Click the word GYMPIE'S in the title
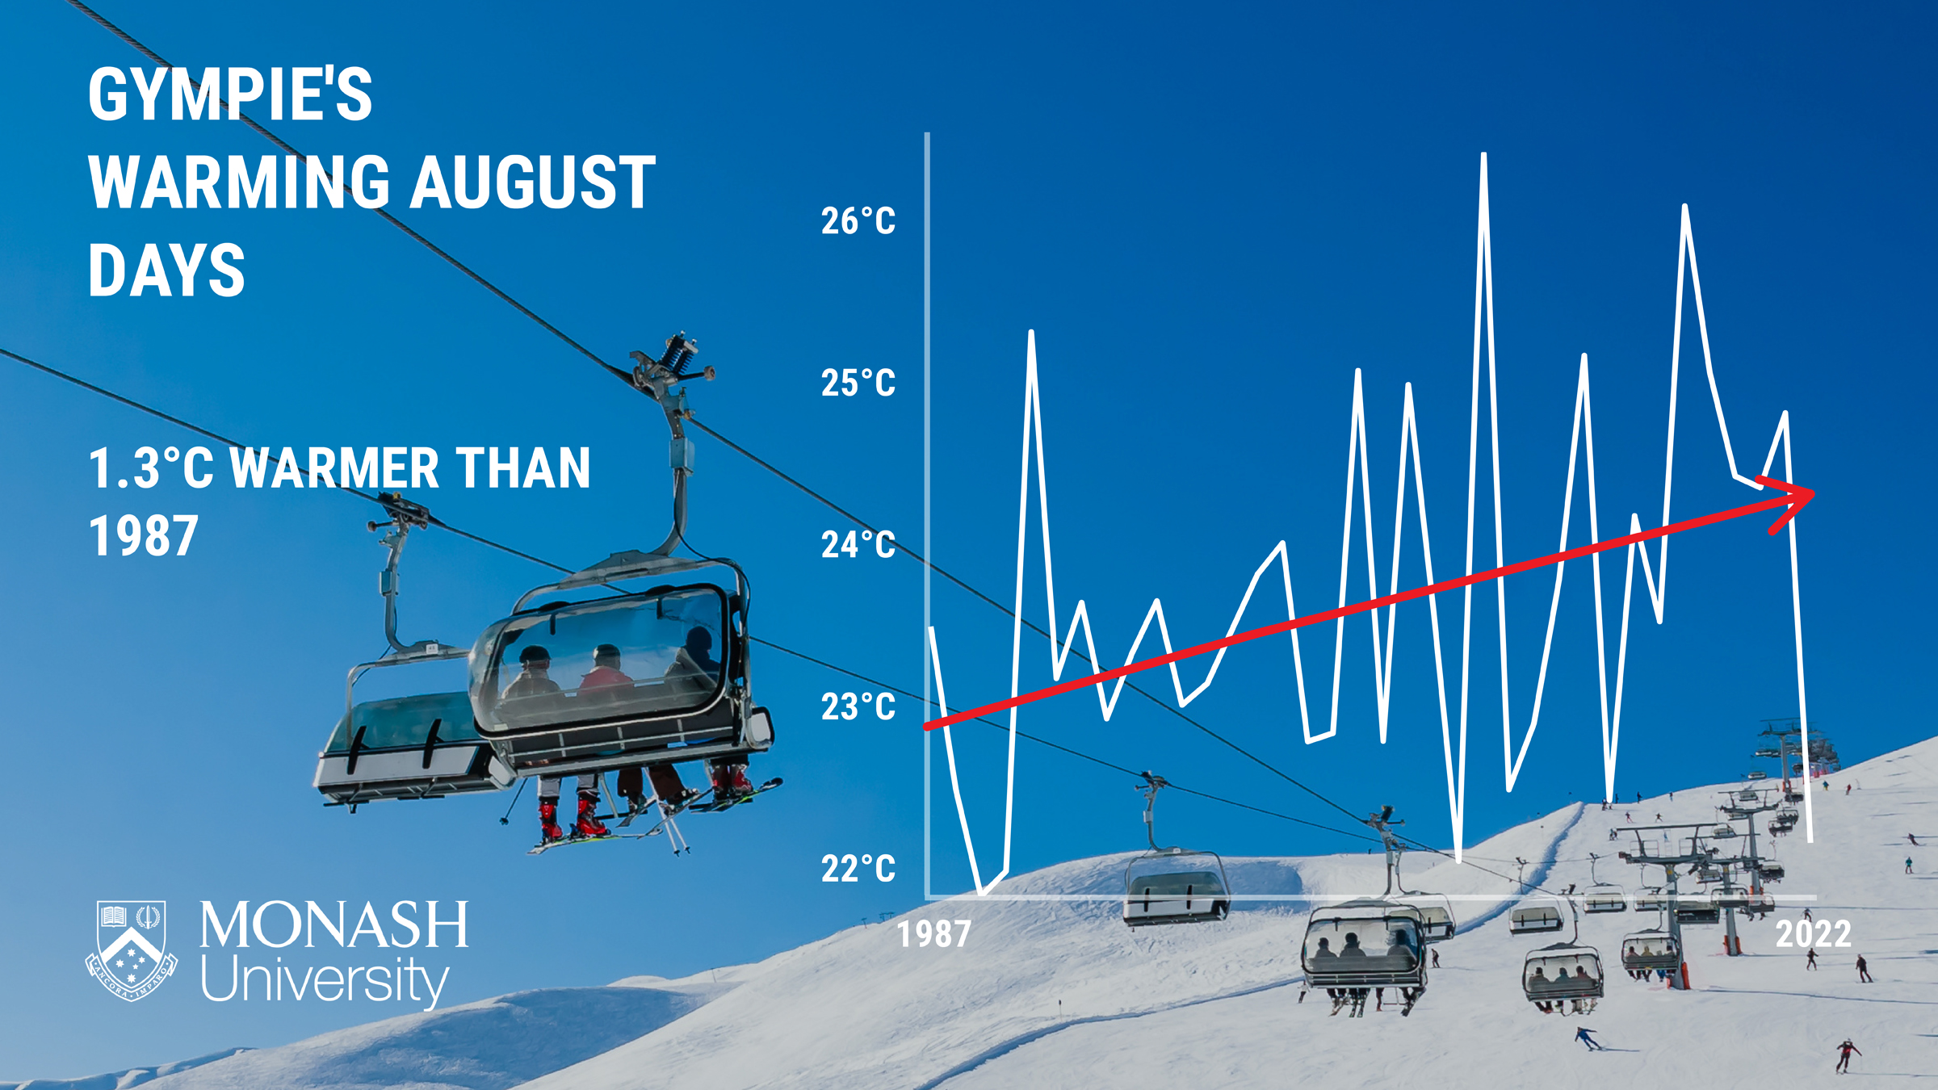pos(230,95)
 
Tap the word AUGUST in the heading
pos(533,183)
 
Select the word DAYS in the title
pos(166,271)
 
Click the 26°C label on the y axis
pos(858,221)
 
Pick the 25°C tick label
pos(858,383)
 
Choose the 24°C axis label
pos(858,545)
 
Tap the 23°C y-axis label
pos(858,707)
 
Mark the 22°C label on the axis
pos(858,869)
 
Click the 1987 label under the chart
pos(934,934)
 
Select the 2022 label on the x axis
pos(1813,934)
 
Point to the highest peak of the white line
pos(1484,156)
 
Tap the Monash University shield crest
pos(132,950)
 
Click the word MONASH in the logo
pos(333,925)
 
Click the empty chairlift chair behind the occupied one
pos(404,743)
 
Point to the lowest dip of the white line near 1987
pos(982,893)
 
